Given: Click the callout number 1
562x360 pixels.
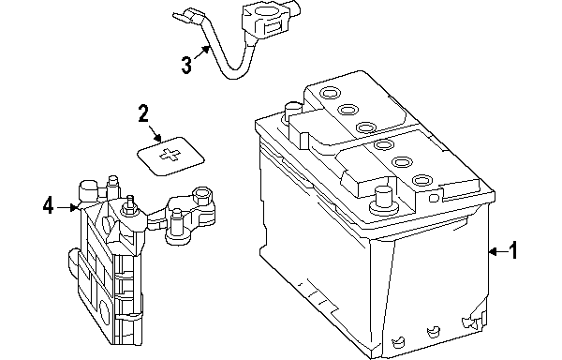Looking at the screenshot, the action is [513, 250].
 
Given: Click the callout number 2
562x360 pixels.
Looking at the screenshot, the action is [143, 113].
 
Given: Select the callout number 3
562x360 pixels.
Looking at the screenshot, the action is [186, 65].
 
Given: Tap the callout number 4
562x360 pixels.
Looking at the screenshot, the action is [48, 206].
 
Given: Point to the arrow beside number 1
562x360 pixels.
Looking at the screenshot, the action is [498, 251].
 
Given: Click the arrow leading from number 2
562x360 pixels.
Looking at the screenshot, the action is [155, 133].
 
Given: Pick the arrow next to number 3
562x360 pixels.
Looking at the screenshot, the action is [201, 52].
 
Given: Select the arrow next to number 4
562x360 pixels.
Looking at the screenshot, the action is [67, 207].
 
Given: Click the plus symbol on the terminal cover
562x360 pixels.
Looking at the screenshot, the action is [170, 155].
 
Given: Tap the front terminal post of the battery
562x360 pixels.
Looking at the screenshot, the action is [382, 202].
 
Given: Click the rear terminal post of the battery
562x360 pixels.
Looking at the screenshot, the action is [292, 111].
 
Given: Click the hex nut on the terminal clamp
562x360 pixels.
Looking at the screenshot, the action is [201, 196].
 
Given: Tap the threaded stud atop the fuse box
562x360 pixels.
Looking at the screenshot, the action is [130, 204].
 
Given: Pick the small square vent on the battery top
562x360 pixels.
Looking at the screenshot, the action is [434, 198].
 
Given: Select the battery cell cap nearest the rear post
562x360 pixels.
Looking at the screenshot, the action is [329, 93].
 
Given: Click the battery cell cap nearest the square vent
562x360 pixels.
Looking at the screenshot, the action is [421, 179].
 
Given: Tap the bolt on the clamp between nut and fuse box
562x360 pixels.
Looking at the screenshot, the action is [176, 224].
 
